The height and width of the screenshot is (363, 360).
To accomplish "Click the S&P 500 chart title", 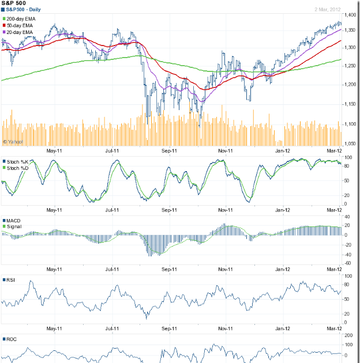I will point(14,3).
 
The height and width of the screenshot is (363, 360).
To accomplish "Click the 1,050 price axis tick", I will point(350,143).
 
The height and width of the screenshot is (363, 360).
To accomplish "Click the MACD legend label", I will point(15,221).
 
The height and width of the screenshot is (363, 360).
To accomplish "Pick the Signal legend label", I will point(15,228).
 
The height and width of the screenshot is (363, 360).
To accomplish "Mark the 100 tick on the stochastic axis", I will point(348,157).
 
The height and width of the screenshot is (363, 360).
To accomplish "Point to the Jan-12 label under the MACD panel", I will point(282,269).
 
